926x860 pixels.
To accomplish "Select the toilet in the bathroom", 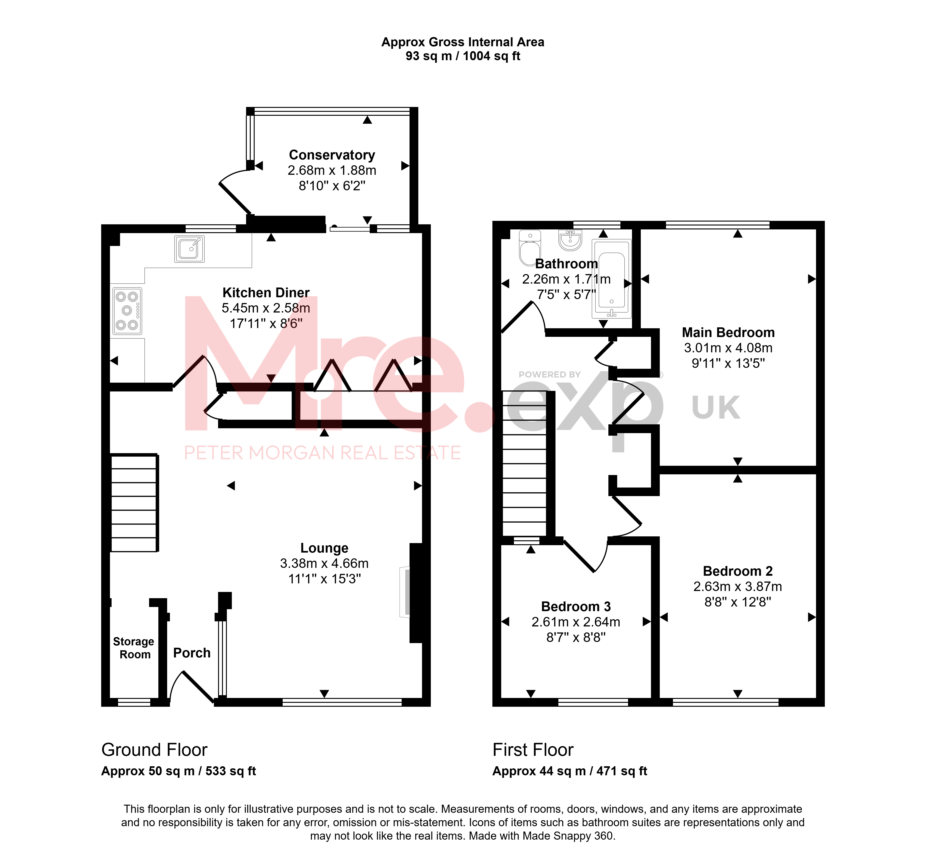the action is click(529, 247).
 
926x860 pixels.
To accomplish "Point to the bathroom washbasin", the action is click(570, 240).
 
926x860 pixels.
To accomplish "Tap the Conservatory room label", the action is click(332, 155).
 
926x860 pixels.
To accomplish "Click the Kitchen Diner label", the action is click(266, 293).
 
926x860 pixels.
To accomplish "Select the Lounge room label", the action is click(324, 548).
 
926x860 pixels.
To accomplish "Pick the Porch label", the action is click(192, 653).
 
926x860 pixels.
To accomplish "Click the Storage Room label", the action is click(134, 648).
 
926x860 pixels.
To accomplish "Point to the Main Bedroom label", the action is click(728, 333).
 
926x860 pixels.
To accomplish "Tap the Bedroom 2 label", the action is click(738, 571).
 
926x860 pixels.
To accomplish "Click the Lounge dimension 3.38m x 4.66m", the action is click(324, 563).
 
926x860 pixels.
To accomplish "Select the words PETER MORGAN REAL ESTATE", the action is click(322, 453).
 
